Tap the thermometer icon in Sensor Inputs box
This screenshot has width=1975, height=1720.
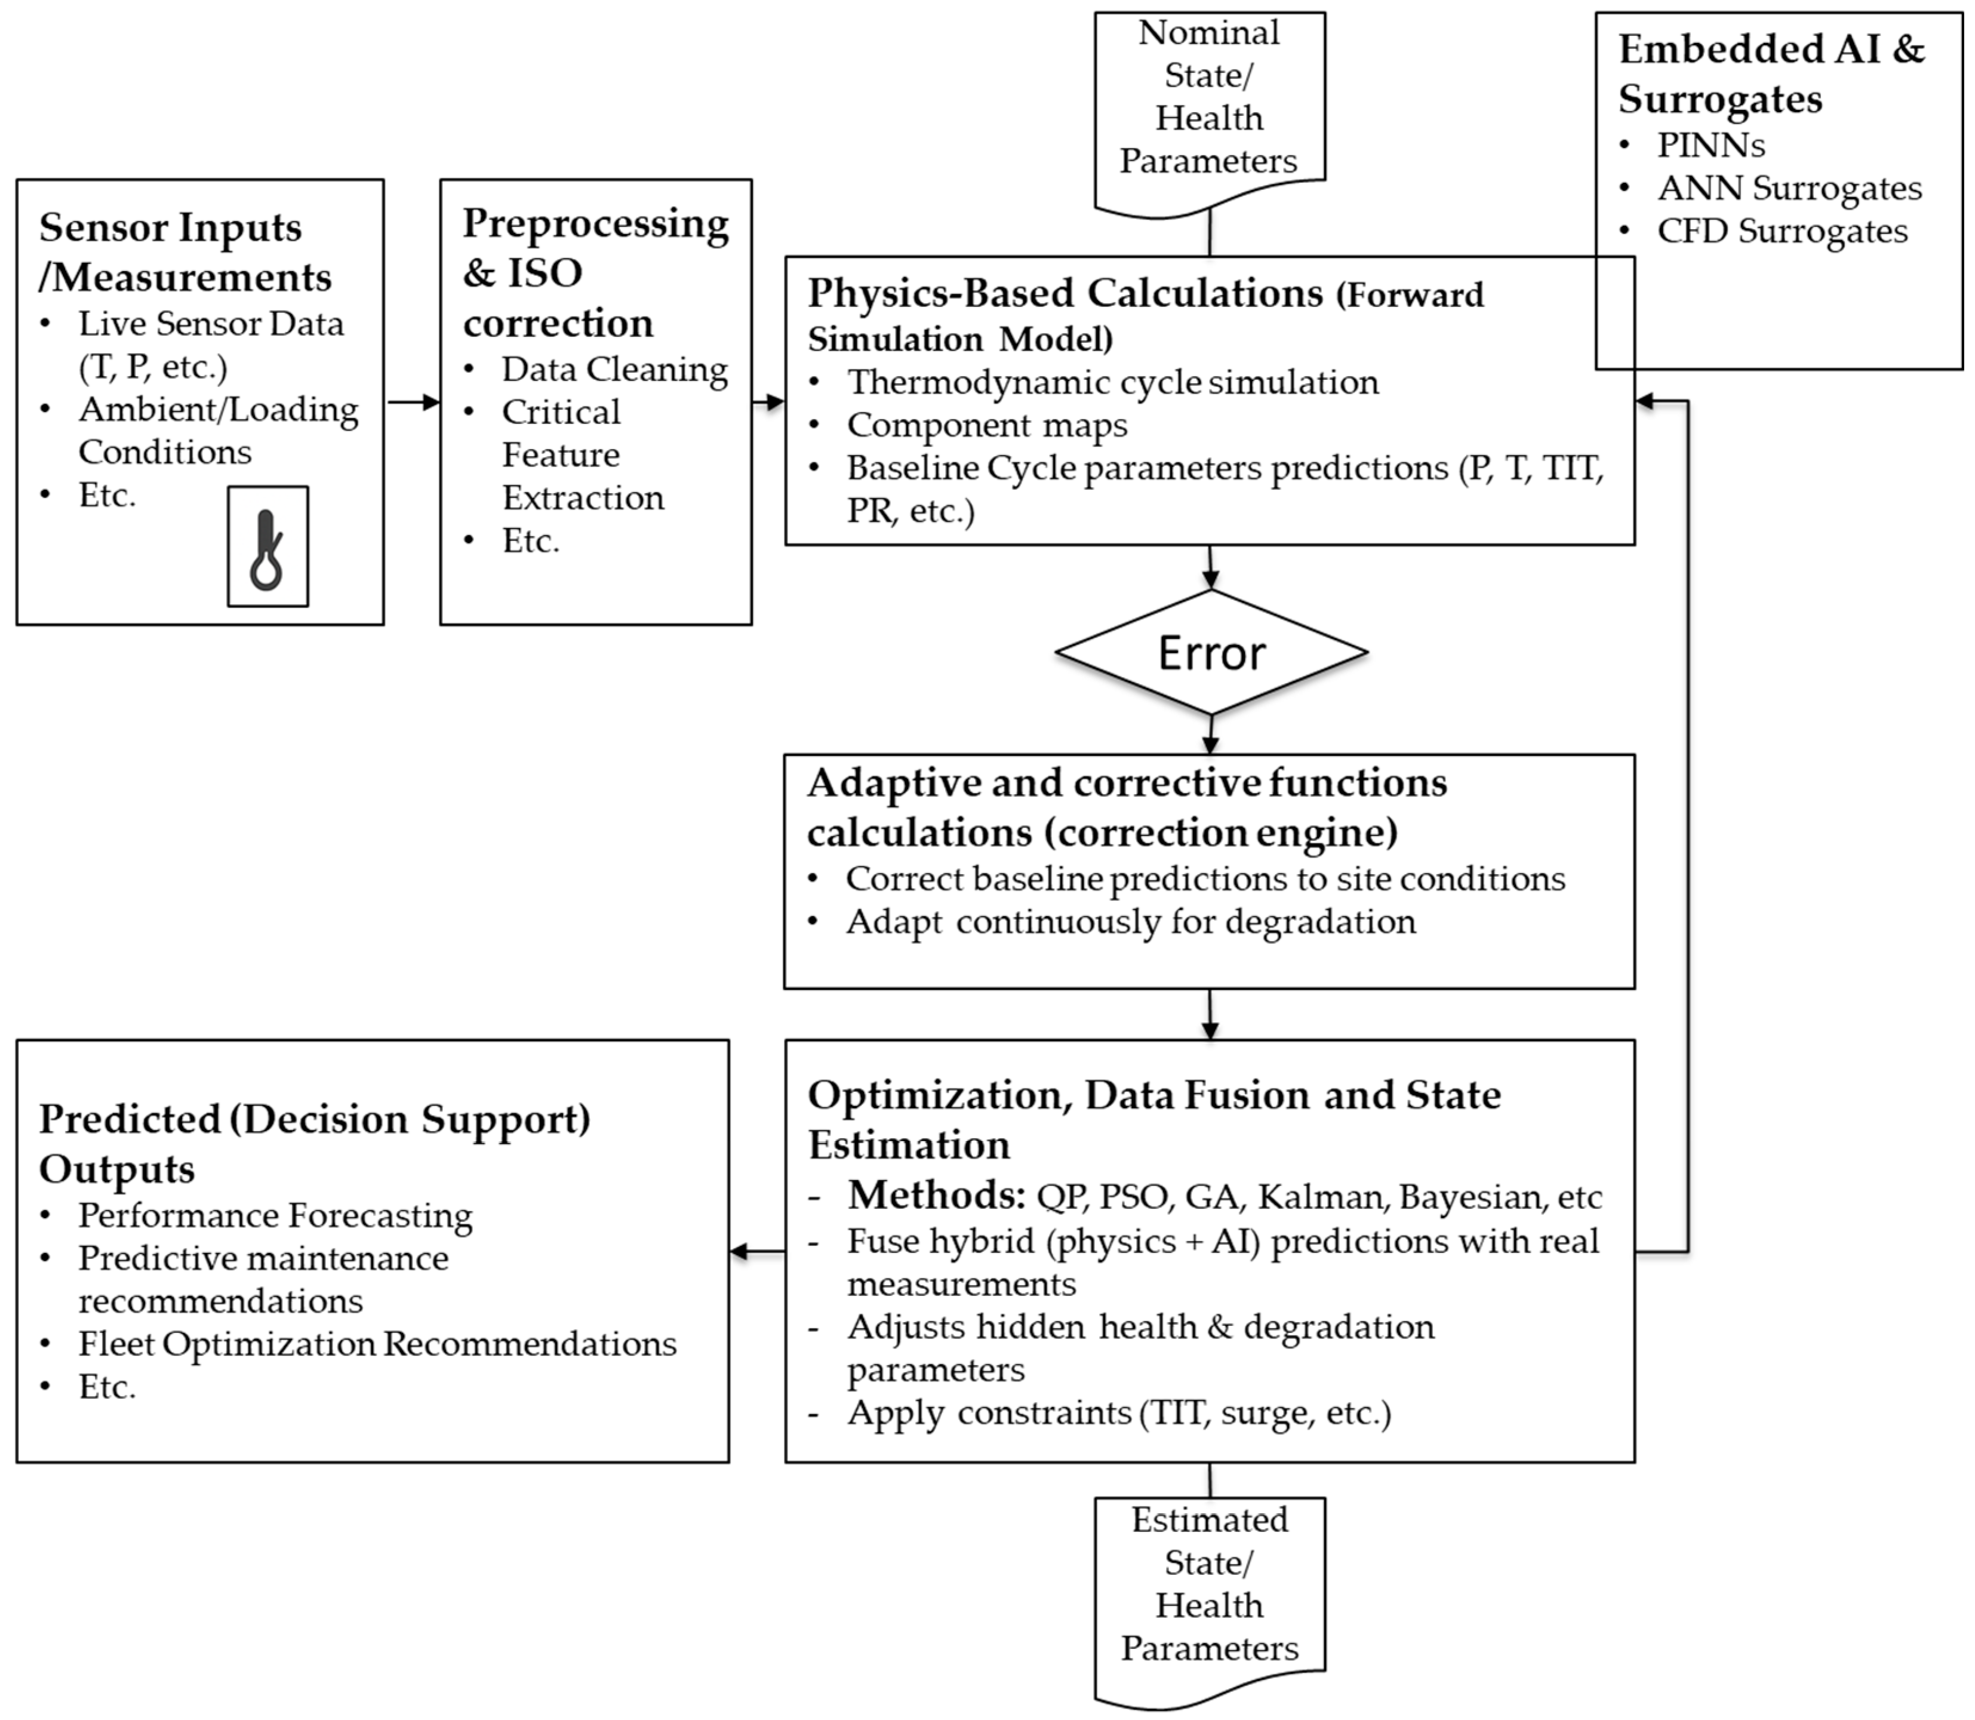[x=267, y=547]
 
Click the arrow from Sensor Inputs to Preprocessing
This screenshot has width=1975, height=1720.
[x=413, y=402]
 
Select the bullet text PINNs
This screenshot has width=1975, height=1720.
[x=1710, y=145]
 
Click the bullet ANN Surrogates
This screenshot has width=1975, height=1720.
[x=1789, y=188]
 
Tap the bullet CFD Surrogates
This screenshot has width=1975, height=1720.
[x=1782, y=231]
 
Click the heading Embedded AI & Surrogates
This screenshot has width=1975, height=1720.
[x=1771, y=74]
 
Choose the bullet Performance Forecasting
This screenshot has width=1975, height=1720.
[x=275, y=1215]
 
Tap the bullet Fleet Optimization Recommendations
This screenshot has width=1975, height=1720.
[x=377, y=1344]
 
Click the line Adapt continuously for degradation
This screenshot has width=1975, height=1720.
[x=1131, y=922]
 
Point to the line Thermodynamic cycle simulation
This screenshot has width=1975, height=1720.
[x=1112, y=382]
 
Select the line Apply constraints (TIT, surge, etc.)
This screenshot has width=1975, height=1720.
[x=1119, y=1413]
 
